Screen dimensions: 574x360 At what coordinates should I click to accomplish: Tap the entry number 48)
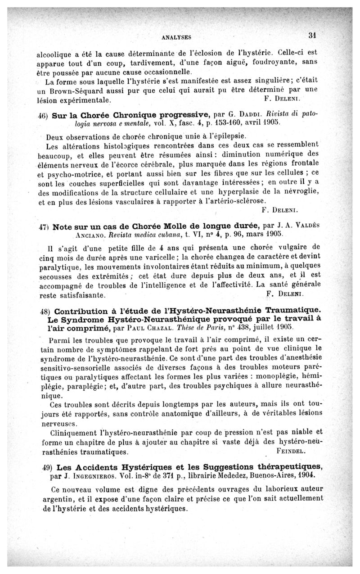coord(44,311)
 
